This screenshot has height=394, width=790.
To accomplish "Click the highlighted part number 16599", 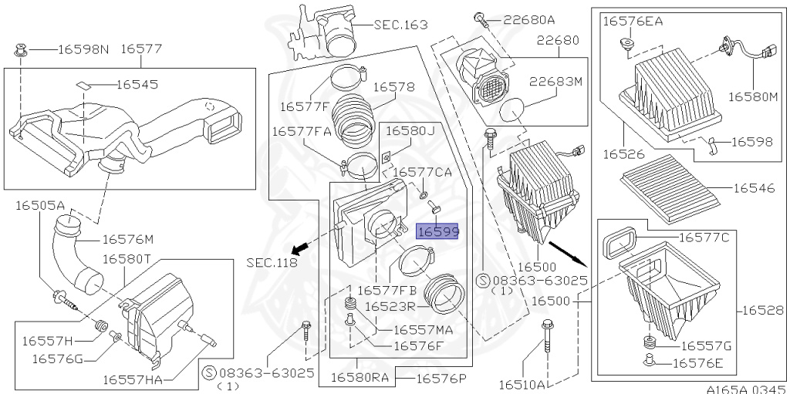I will (x=437, y=231).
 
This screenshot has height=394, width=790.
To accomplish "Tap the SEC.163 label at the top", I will (x=400, y=25).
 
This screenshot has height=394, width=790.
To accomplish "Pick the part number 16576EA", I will (x=633, y=22).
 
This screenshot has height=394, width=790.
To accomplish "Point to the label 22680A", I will (x=528, y=19).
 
